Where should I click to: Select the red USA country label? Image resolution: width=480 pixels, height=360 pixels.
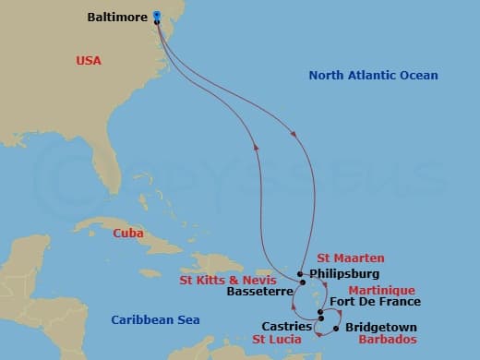(89, 61)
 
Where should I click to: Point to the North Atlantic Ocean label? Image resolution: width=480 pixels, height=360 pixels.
(373, 76)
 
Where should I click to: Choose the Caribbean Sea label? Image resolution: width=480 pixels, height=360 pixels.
(155, 319)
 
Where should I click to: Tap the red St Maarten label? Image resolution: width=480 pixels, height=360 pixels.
(350, 258)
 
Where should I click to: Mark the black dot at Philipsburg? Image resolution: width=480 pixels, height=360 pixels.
(301, 274)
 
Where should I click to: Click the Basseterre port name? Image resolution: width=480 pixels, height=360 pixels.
(258, 292)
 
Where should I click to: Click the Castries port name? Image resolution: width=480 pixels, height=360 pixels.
(286, 326)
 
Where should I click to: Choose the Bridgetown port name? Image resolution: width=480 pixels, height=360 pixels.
(379, 328)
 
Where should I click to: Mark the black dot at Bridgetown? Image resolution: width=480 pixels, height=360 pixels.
(336, 328)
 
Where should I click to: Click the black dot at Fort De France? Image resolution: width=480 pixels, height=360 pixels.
(319, 311)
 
